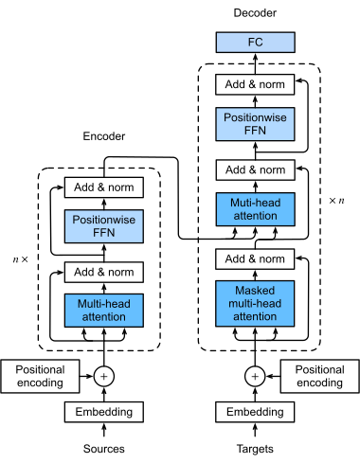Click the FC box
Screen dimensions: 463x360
[x=255, y=43]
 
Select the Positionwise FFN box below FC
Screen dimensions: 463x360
[x=255, y=124]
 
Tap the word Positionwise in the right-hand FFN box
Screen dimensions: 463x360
[x=255, y=117]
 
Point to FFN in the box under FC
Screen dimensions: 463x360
[x=255, y=131]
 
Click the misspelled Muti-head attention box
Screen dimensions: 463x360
[x=255, y=209]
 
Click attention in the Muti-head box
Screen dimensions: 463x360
[x=255, y=216]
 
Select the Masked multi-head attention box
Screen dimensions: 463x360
[x=255, y=303]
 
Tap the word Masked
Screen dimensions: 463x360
[x=255, y=290]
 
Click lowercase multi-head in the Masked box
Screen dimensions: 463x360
[x=255, y=303]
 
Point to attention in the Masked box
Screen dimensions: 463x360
[x=255, y=316]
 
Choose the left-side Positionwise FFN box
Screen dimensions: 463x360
[x=104, y=226]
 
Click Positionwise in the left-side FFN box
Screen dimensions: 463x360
[x=104, y=220]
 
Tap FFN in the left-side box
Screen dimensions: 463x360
[x=104, y=233]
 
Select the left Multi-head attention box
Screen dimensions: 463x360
[x=104, y=311]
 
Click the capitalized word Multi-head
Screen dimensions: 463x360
[x=104, y=304]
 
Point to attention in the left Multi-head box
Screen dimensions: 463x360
[x=104, y=317]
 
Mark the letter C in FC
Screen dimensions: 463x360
[x=259, y=43]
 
